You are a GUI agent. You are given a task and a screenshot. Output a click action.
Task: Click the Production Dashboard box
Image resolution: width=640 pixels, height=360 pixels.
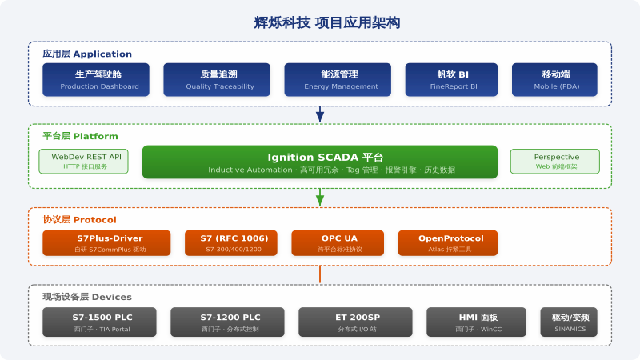(x=96, y=79)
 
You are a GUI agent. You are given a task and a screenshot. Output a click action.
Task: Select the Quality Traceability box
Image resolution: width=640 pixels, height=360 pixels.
(x=217, y=79)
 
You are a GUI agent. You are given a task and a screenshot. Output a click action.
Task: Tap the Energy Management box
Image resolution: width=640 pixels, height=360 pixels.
(x=338, y=79)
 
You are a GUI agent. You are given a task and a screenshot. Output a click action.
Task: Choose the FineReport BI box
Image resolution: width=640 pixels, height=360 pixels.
(x=451, y=79)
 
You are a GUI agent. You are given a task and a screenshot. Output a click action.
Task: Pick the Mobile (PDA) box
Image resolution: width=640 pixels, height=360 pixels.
(x=554, y=79)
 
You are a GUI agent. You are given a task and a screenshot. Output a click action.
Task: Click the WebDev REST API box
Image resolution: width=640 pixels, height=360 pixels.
(x=84, y=162)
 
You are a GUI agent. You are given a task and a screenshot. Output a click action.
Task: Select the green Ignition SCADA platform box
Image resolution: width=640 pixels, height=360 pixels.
(x=320, y=162)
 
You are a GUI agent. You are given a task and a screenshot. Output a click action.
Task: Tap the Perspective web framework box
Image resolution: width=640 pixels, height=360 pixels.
(x=555, y=162)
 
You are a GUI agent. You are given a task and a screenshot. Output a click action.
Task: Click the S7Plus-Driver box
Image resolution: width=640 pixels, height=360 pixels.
(x=106, y=243)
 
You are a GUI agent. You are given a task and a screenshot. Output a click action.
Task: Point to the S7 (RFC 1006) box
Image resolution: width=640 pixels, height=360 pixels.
(x=231, y=243)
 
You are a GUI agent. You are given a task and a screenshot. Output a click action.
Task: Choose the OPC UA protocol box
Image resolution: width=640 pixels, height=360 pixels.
(x=338, y=243)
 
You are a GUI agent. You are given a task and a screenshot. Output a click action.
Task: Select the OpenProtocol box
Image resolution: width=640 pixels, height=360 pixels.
(x=448, y=243)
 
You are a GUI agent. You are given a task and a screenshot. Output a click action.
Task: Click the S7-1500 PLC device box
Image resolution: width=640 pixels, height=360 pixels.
(x=99, y=322)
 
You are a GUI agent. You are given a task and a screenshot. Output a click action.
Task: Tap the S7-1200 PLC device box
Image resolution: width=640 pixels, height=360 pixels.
(x=227, y=322)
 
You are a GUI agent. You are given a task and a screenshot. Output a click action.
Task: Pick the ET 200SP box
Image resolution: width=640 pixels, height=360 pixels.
(x=355, y=322)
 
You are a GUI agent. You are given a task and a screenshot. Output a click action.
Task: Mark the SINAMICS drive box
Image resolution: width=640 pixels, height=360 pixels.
(x=569, y=322)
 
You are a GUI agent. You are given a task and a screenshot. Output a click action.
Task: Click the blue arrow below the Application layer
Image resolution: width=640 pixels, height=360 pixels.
(x=320, y=114)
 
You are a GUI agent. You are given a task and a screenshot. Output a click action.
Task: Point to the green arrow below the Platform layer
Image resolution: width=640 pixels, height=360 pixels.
(x=320, y=197)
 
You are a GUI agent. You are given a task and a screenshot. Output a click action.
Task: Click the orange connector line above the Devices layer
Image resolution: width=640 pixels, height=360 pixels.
(x=320, y=274)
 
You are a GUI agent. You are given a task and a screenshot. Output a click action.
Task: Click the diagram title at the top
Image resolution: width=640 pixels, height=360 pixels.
(x=327, y=22)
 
